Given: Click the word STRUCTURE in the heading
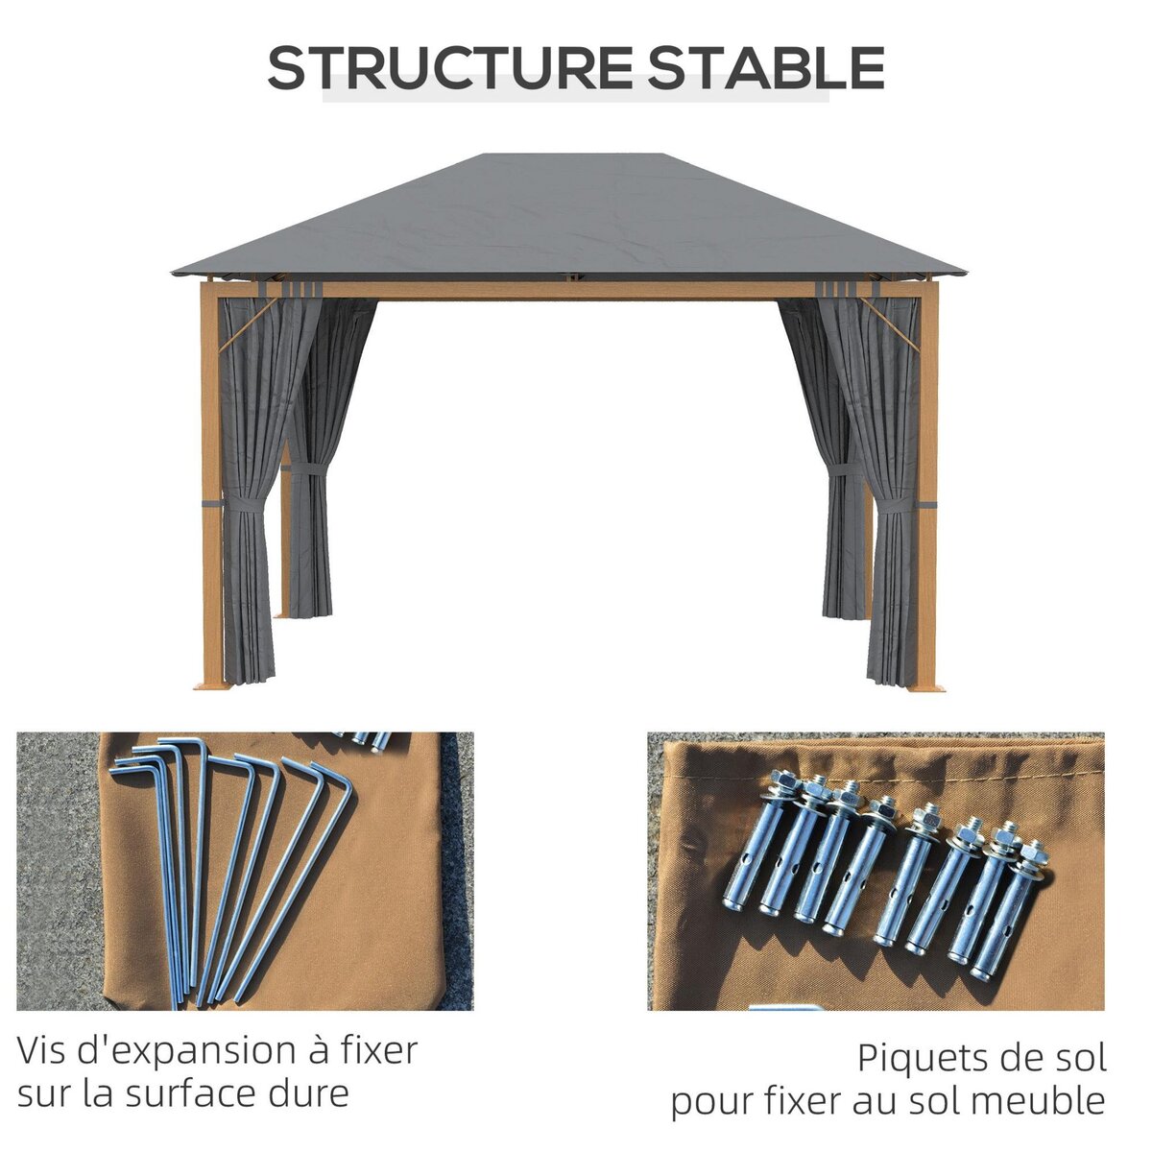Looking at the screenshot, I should click(446, 68).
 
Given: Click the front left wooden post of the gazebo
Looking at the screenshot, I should click(210, 480).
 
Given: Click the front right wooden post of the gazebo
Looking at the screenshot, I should click(927, 480).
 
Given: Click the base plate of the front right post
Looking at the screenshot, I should click(927, 686).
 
